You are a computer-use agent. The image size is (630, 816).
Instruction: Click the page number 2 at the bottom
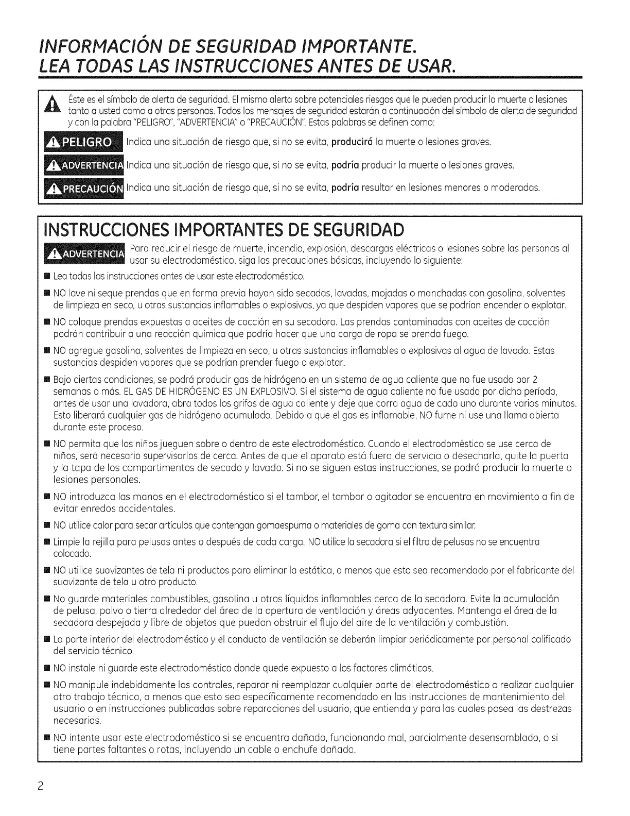click(46, 787)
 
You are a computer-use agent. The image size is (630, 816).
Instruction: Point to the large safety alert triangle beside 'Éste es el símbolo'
click(53, 105)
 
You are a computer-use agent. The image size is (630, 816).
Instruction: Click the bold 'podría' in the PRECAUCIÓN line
click(345, 188)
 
